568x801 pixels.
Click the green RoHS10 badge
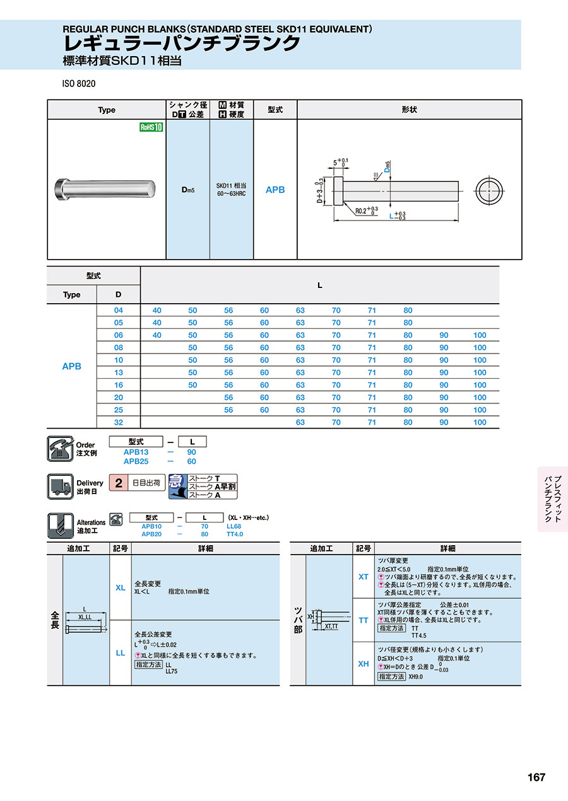[151, 127]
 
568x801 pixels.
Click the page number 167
[536, 777]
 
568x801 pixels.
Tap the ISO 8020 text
[78, 84]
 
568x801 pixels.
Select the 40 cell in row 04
[157, 310]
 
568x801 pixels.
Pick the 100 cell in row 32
[480, 422]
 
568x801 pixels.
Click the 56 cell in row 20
[228, 398]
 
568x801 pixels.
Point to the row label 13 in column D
[119, 372]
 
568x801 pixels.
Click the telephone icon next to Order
[61, 449]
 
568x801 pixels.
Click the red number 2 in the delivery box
[118, 483]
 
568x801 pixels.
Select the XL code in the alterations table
[120, 587]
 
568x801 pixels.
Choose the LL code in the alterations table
[120, 653]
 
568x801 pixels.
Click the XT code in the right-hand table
[364, 576]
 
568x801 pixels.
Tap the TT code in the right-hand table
[364, 620]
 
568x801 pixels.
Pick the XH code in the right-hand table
[364, 664]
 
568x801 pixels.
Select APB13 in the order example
[136, 452]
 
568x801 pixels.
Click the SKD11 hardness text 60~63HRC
[231, 193]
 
